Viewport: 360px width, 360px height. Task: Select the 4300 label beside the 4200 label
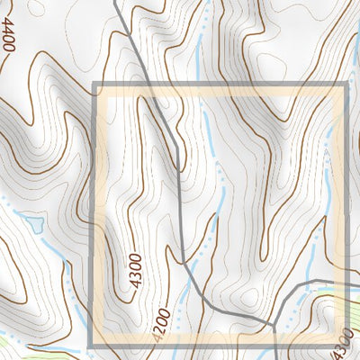[x=136, y=271]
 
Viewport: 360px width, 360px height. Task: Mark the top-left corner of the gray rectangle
[x=94, y=85]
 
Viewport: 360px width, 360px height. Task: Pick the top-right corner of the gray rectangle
[x=346, y=85]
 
